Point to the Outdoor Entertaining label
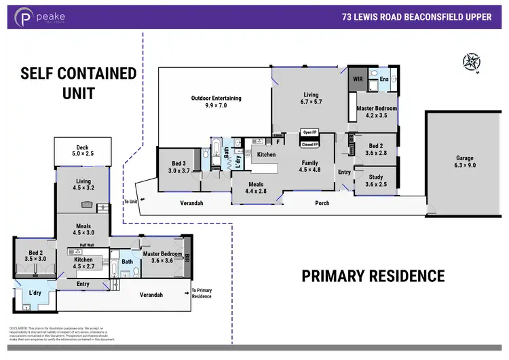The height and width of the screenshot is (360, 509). pos(216,102)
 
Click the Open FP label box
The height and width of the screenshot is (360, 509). pos(310,132)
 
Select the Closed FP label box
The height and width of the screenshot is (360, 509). pos(310,144)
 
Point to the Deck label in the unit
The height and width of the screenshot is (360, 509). pos(82,151)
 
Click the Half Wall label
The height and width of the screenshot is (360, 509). pos(86,245)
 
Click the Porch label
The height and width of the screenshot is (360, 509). pos(322,203)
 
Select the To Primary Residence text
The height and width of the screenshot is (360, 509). pos(202,293)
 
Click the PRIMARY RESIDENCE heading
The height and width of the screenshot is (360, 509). pos(373,276)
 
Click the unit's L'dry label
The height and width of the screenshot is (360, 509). pos(34,293)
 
